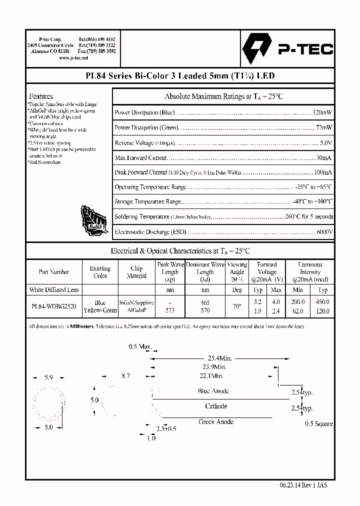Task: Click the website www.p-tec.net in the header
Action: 73,58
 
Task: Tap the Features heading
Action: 41,96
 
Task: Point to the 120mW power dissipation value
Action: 322,112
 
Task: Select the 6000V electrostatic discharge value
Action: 324,232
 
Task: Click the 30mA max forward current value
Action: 324,157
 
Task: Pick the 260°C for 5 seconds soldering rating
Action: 308,217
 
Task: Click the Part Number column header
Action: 54,272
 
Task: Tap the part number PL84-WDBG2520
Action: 54,306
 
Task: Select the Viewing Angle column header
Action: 237,271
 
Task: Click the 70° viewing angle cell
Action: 237,306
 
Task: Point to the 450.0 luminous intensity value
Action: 323,302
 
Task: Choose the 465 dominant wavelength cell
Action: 205,302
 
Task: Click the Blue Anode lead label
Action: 213,391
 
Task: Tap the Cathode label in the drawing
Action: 216,406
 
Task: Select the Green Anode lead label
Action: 216,421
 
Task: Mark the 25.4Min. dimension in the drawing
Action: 219,358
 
